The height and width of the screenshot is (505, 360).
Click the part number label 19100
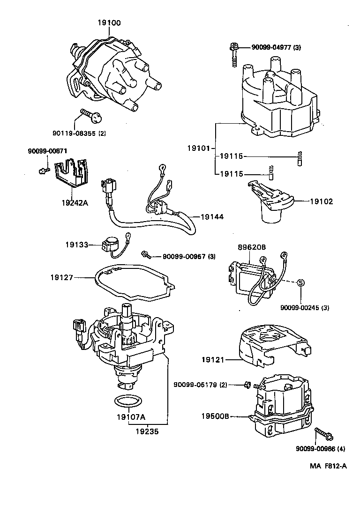109,22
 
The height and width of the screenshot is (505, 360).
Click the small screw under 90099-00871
42,170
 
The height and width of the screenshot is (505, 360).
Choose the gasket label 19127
62,277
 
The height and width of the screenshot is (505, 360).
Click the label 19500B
215,415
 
